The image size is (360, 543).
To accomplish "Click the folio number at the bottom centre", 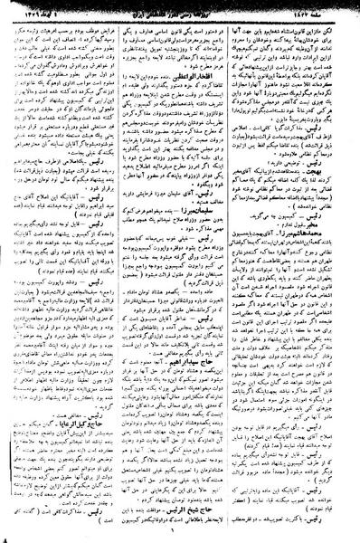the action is pyautogui.click(x=180, y=536).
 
